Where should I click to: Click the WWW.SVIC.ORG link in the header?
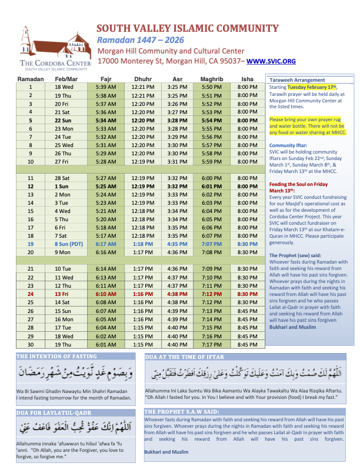pyautogui.click(x=271, y=61)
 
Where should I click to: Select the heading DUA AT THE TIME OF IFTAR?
pyautogui.click(x=184, y=357)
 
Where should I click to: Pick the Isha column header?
pyautogui.click(x=247, y=78)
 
